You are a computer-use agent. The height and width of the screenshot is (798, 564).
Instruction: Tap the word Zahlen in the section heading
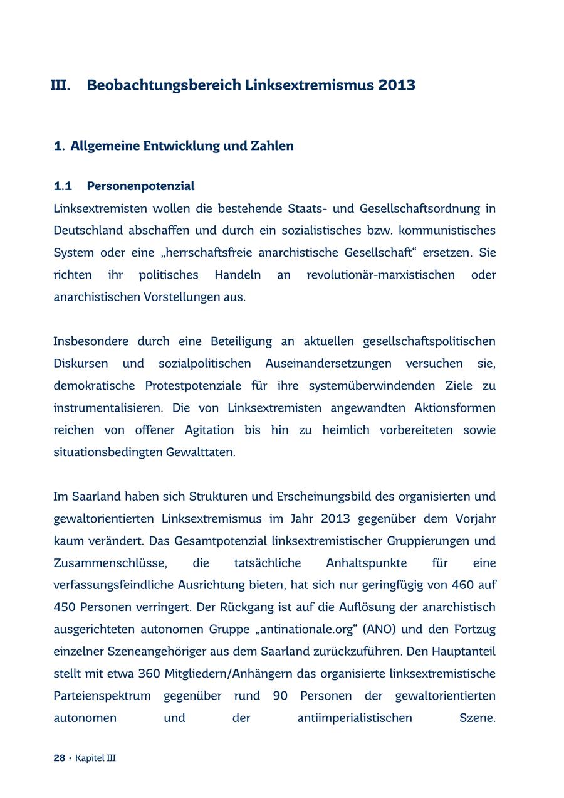point(272,146)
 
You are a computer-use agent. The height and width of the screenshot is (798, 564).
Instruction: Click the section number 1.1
point(63,186)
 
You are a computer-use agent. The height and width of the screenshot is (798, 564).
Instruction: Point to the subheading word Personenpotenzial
point(140,186)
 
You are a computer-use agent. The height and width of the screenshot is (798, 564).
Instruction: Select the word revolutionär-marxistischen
point(380,275)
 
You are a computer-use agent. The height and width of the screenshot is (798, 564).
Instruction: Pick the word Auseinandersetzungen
point(328,364)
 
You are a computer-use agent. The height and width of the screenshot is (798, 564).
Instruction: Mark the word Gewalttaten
point(201,452)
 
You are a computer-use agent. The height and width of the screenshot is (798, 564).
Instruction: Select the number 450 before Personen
point(65,607)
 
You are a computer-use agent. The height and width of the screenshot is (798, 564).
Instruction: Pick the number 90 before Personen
point(281,696)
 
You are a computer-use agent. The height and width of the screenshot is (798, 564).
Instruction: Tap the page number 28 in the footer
point(60,758)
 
